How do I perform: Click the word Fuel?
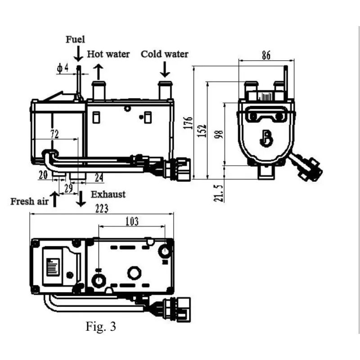[75, 40]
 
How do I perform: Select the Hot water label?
[108, 54]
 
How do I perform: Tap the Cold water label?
[165, 54]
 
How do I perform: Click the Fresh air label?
[29, 201]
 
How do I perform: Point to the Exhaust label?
[108, 194]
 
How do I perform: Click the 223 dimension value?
[102, 208]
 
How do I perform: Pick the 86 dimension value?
[265, 56]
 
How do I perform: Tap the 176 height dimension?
[189, 122]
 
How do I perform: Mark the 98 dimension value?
[219, 135]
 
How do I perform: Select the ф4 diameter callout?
[63, 68]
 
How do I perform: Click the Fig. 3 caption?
[101, 326]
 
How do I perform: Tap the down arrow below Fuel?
[79, 54]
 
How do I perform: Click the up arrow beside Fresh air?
[55, 198]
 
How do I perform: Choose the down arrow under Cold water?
[165, 69]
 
